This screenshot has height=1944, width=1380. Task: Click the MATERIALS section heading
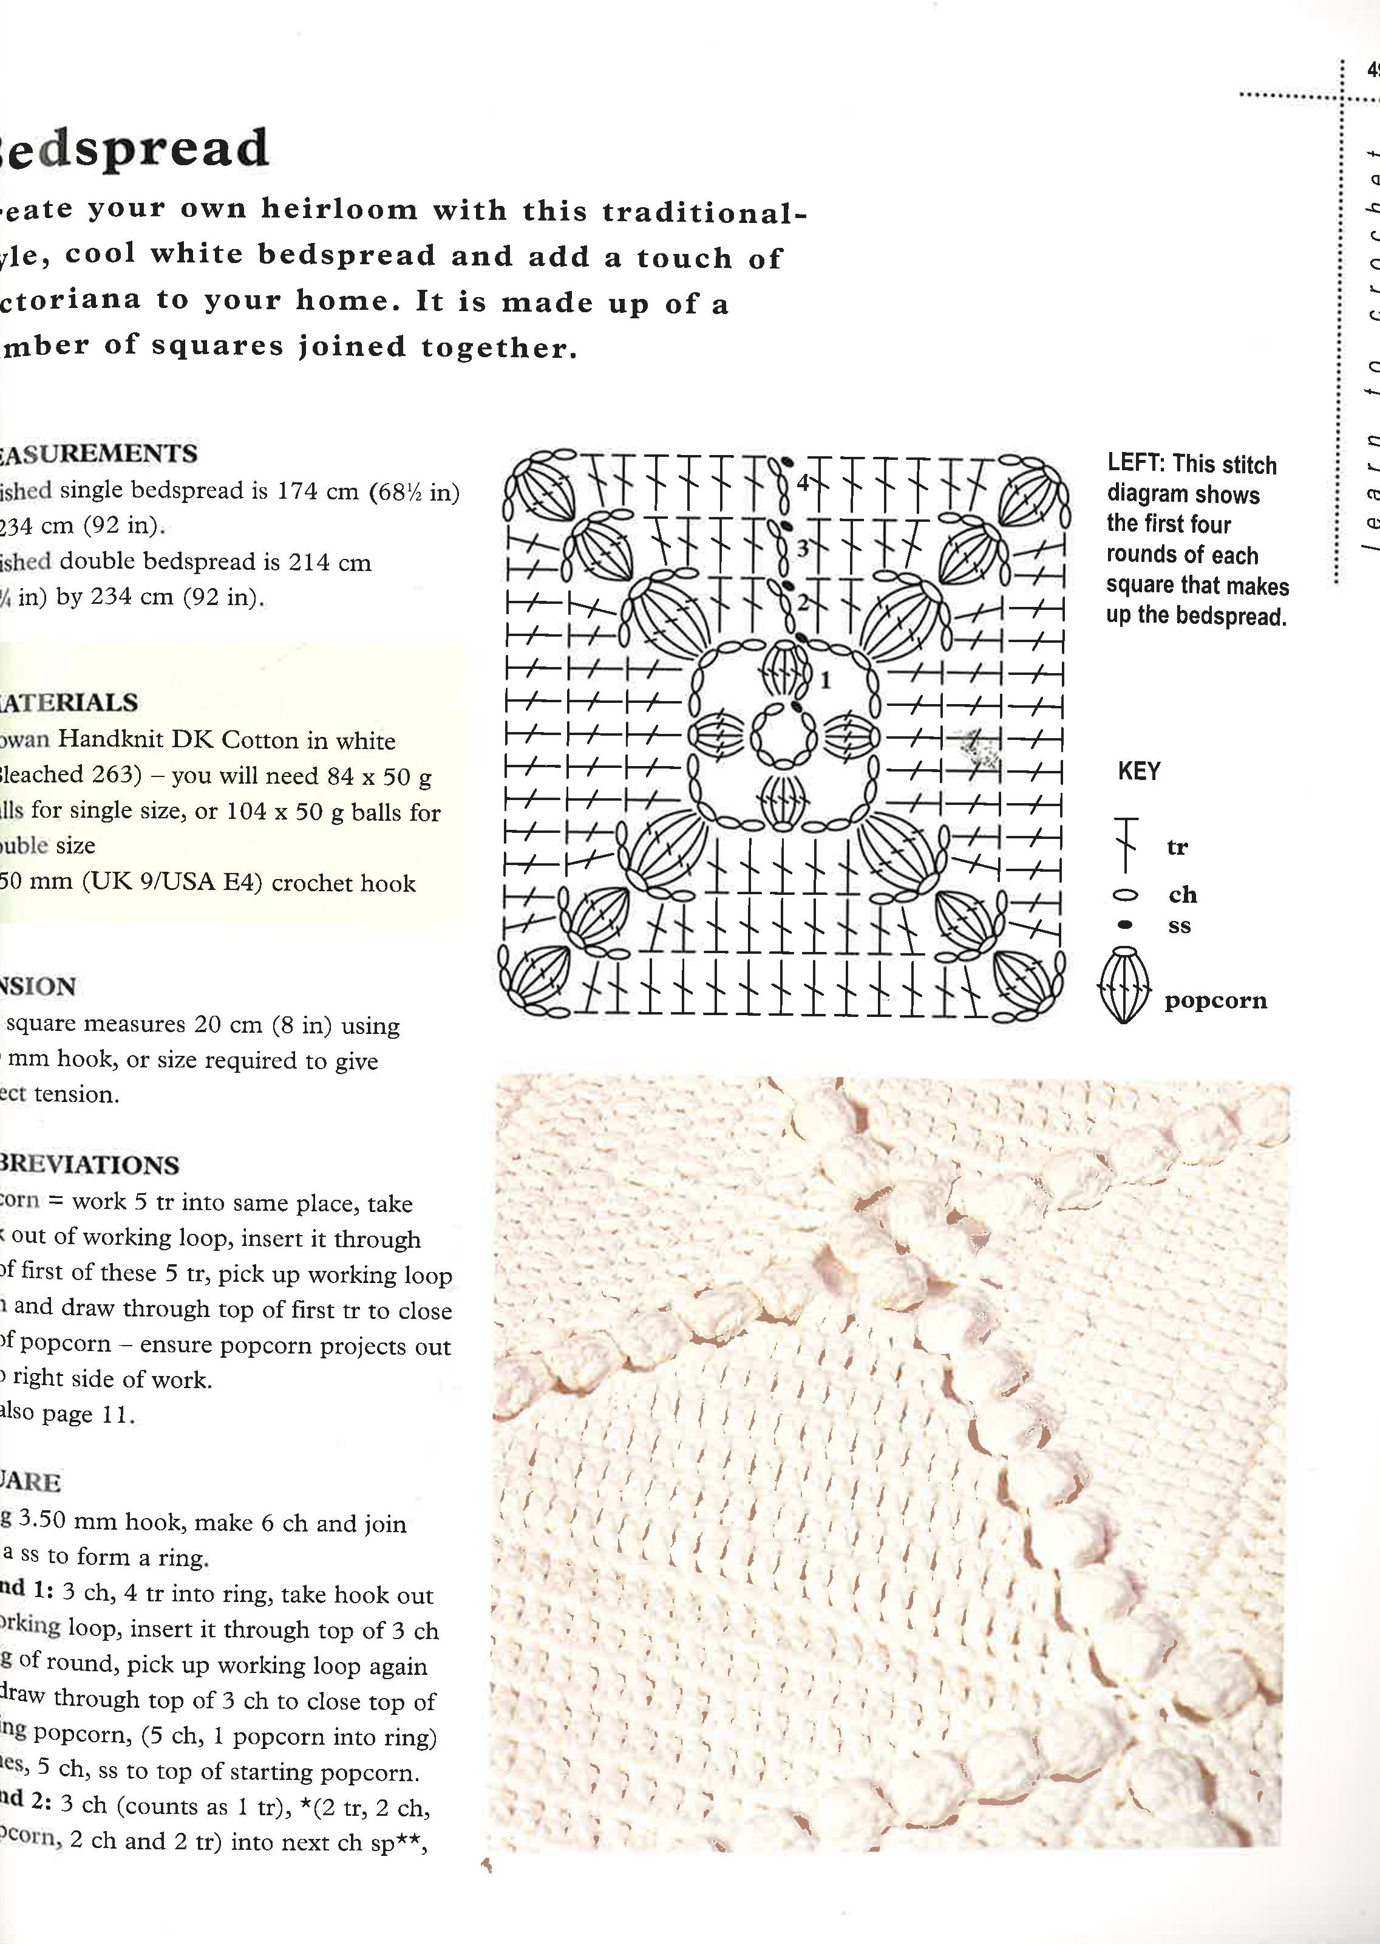(68, 703)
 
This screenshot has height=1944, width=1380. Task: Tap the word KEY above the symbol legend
(1139, 772)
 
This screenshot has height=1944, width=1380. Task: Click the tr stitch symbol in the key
(1127, 846)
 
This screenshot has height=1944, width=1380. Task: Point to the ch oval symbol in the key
(1127, 895)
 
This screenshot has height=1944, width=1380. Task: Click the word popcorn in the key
(1215, 1001)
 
